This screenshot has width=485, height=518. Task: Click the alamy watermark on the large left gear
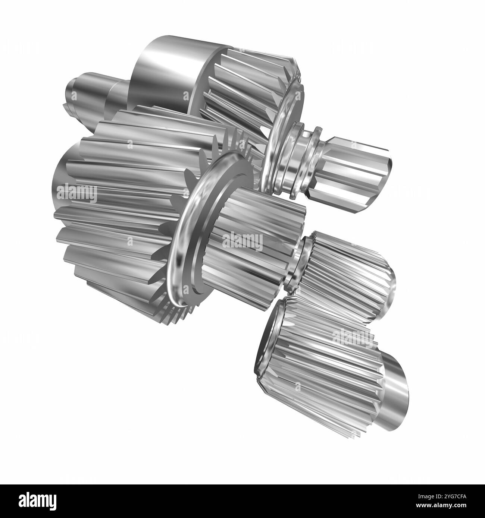pyautogui.click(x=76, y=193)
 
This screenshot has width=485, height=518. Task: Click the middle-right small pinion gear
pyautogui.click(x=343, y=276)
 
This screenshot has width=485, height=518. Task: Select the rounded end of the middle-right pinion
pyautogui.click(x=386, y=291)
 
